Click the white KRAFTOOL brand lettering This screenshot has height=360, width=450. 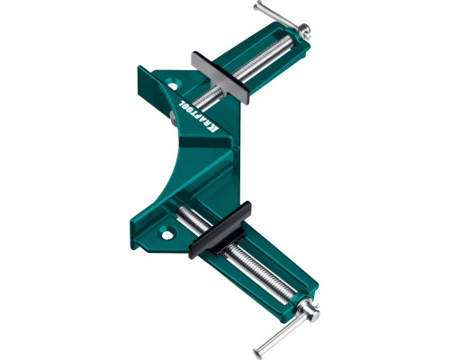[x=199, y=115]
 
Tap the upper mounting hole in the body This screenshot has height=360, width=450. [x=173, y=83]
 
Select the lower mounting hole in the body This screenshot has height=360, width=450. [x=167, y=234]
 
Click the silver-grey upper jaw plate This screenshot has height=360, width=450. [x=220, y=77]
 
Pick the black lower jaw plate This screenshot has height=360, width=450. [x=220, y=229]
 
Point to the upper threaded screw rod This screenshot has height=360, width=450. [x=245, y=71]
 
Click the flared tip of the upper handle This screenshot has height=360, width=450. [x=258, y=5]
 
